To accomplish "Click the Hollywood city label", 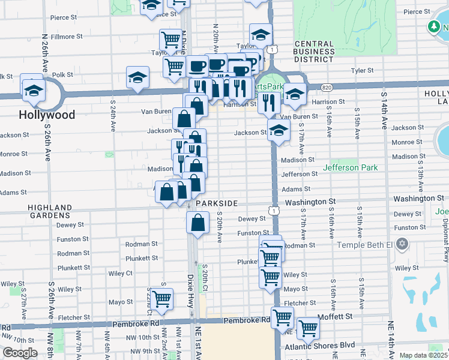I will pyautogui.click(x=47, y=115).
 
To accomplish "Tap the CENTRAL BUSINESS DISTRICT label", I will pyautogui.click(x=315, y=52).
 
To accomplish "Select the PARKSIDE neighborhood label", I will pyautogui.click(x=217, y=203).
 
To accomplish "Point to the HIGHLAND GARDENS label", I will pyautogui.click(x=50, y=211).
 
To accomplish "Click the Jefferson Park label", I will pyautogui.click(x=351, y=167).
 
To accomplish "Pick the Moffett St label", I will pyautogui.click(x=336, y=316).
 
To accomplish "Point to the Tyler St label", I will pyautogui.click(x=362, y=70).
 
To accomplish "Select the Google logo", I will pyautogui.click(x=20, y=353).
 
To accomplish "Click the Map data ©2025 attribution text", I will pyautogui.click(x=423, y=355).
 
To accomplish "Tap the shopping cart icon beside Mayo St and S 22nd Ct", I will pyautogui.click(x=162, y=298).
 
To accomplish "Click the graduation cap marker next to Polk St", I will pyautogui.click(x=138, y=77).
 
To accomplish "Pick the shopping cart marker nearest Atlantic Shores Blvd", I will pyautogui.click(x=308, y=328).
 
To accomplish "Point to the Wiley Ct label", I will pyautogui.click(x=121, y=273).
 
